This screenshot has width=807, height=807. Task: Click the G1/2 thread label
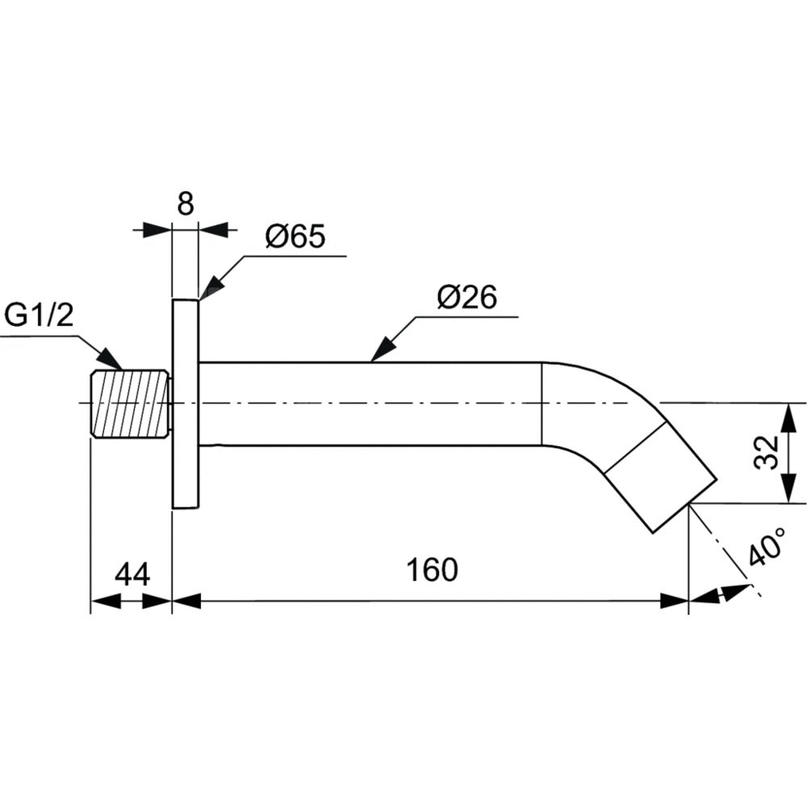coord(40,315)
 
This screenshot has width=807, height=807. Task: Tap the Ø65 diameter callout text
coord(294,236)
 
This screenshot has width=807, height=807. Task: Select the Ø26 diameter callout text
coord(466,298)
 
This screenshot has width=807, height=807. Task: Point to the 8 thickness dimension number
coord(186,204)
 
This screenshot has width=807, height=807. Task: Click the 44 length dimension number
coord(132,574)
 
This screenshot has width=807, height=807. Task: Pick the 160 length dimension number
coord(432,570)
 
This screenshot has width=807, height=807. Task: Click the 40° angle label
coord(766,550)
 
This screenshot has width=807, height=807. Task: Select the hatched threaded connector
coord(129,403)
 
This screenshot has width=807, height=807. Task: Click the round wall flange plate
coord(185,403)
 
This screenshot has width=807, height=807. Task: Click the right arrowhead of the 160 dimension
coord(675,600)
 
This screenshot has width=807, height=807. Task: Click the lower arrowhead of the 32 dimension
coord(785,491)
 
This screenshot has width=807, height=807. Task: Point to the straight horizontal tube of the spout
coord(371,403)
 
